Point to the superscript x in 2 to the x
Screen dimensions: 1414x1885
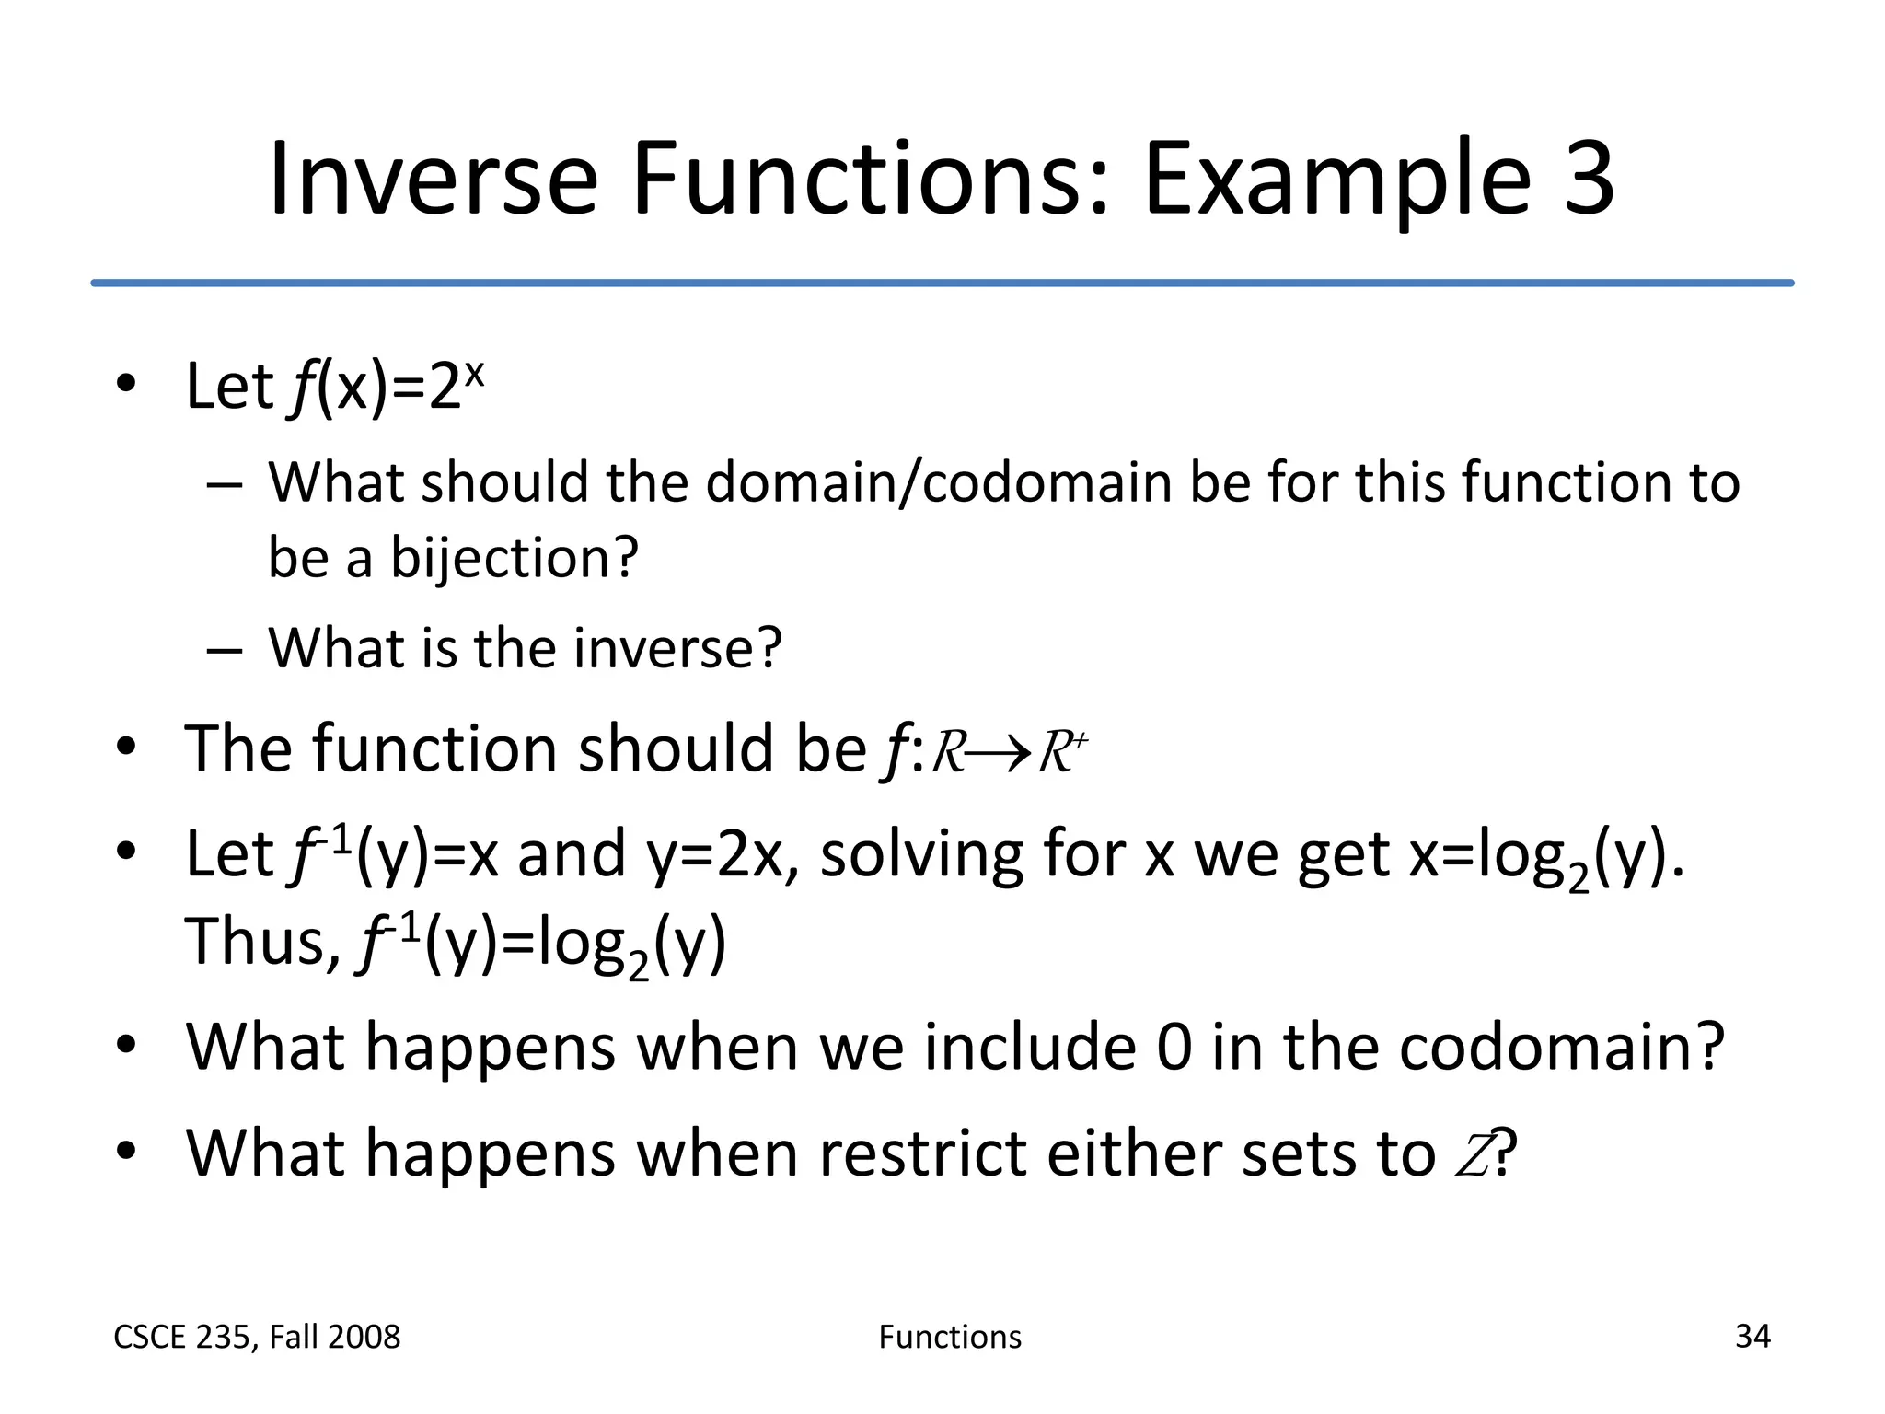click(474, 373)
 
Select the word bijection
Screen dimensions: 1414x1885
click(514, 558)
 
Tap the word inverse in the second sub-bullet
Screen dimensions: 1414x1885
click(677, 648)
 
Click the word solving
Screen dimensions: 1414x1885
click(921, 854)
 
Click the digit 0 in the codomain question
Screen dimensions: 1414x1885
click(1174, 1048)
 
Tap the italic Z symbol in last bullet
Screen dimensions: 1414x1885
click(1473, 1154)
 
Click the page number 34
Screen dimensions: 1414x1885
click(1752, 1337)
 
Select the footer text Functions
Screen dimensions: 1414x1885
click(950, 1337)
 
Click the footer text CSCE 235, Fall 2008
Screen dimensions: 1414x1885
click(257, 1337)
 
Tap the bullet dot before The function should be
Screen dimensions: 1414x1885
click(127, 747)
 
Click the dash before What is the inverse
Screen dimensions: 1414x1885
click(225, 650)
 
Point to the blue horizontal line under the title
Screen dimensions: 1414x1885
click(942, 283)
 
